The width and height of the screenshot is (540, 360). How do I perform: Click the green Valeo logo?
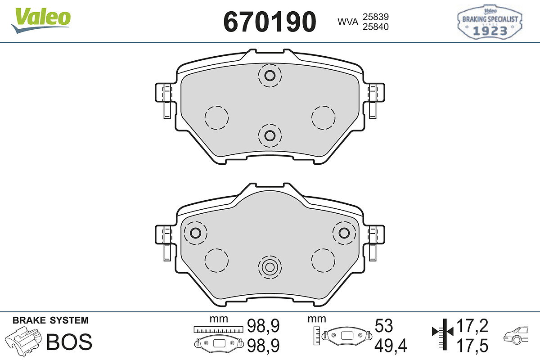click(x=41, y=20)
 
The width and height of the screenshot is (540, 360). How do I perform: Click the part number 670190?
click(x=270, y=22)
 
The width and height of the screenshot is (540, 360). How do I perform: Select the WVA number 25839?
click(x=376, y=17)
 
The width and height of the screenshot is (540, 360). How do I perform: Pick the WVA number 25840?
click(x=376, y=27)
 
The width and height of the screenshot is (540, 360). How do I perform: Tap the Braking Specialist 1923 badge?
click(x=490, y=22)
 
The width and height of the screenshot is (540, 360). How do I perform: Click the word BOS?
click(x=69, y=342)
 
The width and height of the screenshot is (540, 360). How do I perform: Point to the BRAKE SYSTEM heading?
click(x=50, y=320)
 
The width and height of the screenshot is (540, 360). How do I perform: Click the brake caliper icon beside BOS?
click(x=23, y=341)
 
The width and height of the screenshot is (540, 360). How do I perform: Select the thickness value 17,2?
click(x=472, y=326)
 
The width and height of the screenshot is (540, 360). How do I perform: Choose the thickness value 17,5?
click(x=472, y=346)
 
